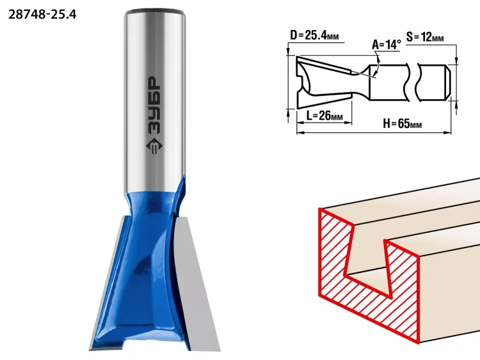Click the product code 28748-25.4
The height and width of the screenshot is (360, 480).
(42, 14)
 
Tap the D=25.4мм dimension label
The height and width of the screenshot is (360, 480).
(314, 35)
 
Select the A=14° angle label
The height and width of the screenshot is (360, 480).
(387, 45)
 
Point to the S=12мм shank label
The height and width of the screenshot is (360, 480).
(425, 37)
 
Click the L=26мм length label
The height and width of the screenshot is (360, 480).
(324, 116)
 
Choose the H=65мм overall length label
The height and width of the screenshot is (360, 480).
(403, 123)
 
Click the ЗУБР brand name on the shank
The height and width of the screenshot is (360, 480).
(153, 105)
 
